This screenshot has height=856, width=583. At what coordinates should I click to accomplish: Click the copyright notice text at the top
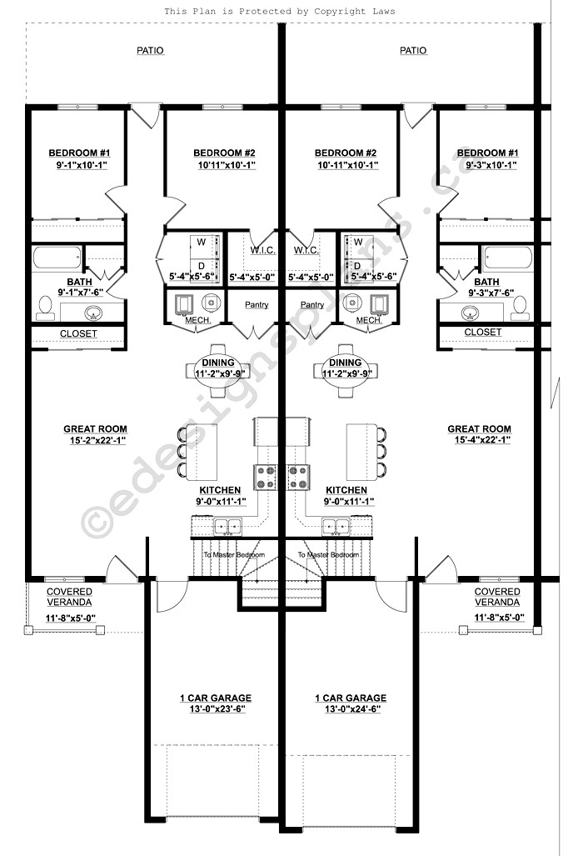279,12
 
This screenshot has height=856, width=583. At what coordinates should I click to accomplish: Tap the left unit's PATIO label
150,51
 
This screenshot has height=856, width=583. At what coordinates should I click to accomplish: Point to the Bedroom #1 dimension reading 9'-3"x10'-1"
487,165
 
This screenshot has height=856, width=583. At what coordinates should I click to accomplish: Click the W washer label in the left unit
201,243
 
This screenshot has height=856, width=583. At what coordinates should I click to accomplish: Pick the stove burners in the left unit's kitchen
268,476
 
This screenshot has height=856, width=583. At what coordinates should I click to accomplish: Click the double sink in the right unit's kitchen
336,526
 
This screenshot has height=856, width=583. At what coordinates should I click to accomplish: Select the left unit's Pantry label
257,305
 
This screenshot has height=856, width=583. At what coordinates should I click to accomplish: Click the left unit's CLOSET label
78,333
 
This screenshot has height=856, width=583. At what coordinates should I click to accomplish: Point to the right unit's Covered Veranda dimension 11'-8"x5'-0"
497,618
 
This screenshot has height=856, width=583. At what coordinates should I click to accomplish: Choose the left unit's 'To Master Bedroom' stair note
234,554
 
